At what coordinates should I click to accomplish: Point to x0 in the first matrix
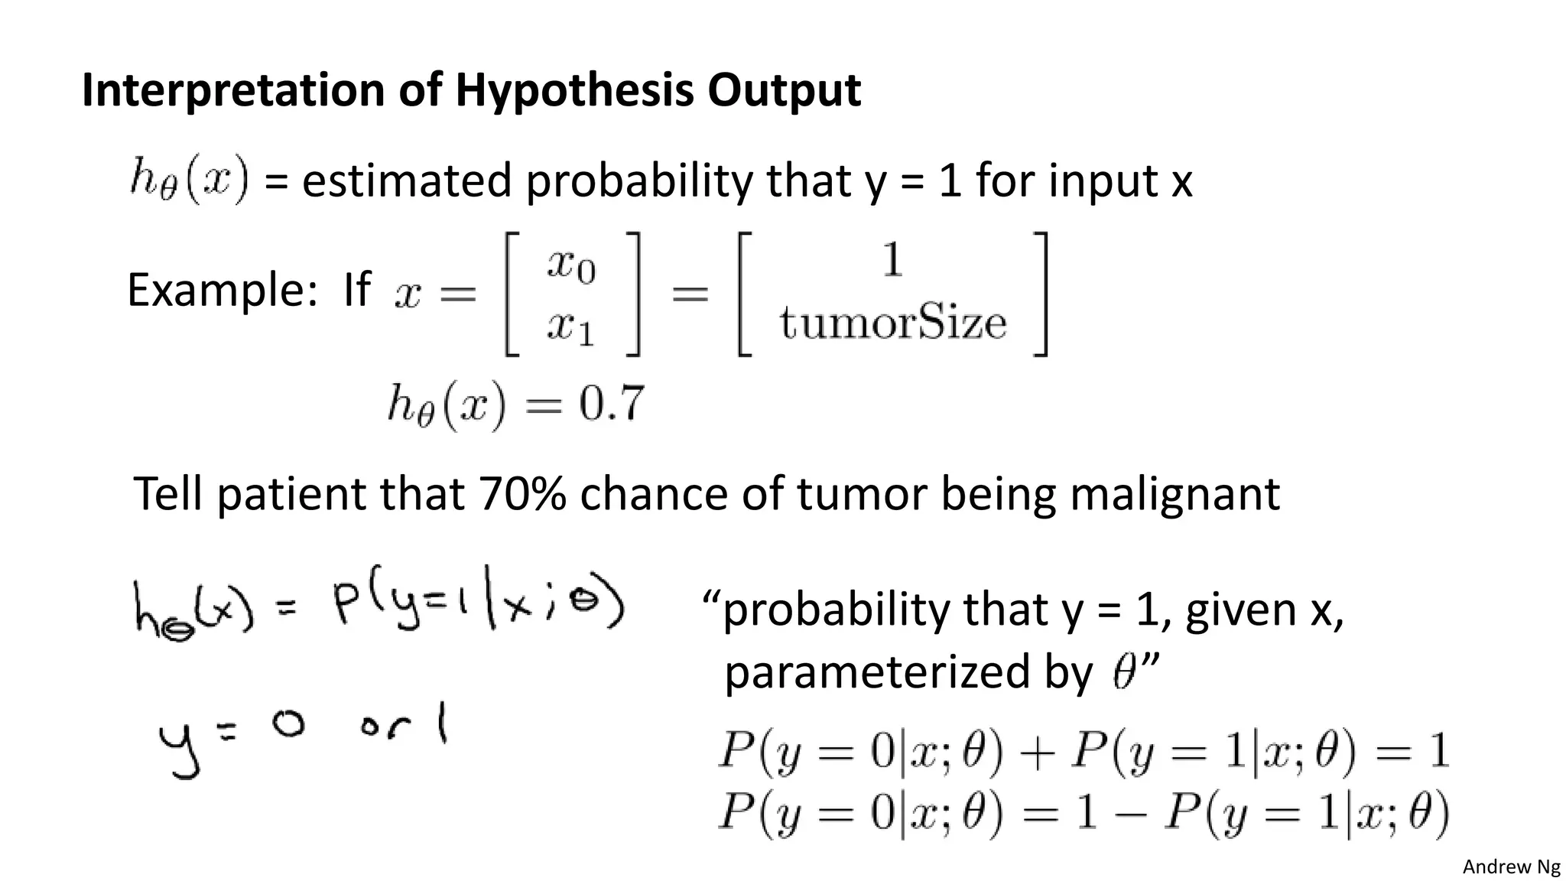[x=570, y=265]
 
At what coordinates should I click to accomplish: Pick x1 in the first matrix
[x=570, y=328]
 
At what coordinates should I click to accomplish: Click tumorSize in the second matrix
[x=892, y=323]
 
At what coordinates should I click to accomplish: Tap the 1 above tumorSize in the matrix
[x=892, y=261]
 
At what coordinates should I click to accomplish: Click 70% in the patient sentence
[x=522, y=494]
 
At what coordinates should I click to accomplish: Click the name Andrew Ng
[x=1511, y=866]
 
